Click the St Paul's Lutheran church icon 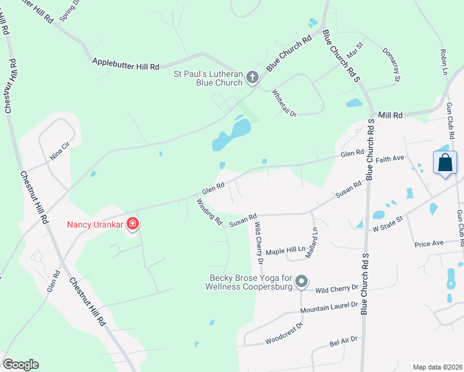tap(252, 77)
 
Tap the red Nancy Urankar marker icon tap(132, 223)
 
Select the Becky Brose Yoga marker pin tap(301, 282)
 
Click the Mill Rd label tap(390, 115)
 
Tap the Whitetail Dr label tap(285, 103)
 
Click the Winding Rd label tap(209, 211)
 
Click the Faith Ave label tap(390, 159)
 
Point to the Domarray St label tap(391, 64)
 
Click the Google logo tap(20, 365)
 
